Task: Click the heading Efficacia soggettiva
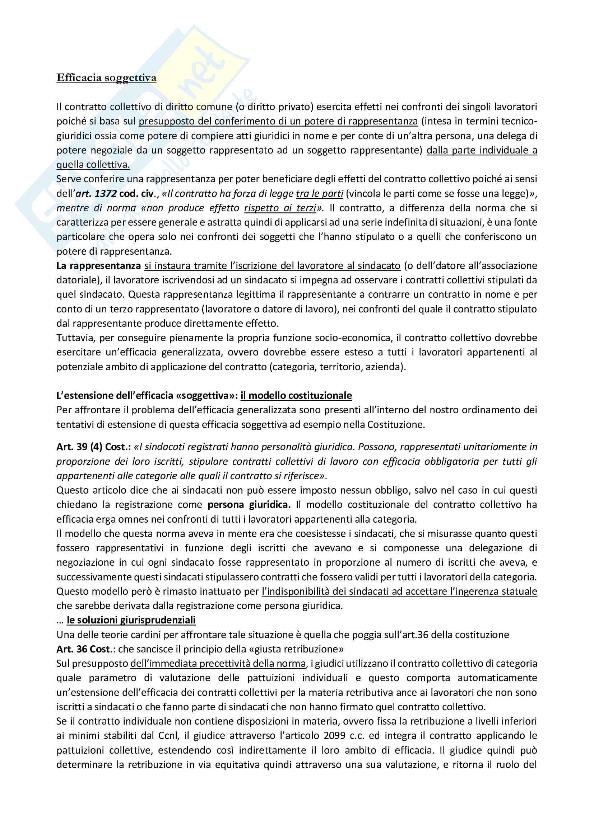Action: click(x=106, y=78)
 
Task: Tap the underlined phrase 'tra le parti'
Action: click(x=319, y=193)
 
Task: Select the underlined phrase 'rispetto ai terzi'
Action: click(x=280, y=208)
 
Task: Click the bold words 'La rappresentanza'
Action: click(x=98, y=266)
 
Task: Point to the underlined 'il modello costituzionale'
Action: click(x=296, y=395)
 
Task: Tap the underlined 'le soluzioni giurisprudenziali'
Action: click(x=131, y=620)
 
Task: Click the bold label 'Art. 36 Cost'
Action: click(x=83, y=649)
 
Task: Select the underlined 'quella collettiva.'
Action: click(x=93, y=165)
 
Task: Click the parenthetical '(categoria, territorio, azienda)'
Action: click(x=337, y=367)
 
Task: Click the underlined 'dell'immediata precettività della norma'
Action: click(x=218, y=664)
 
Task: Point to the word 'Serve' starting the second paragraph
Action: click(x=68, y=179)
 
